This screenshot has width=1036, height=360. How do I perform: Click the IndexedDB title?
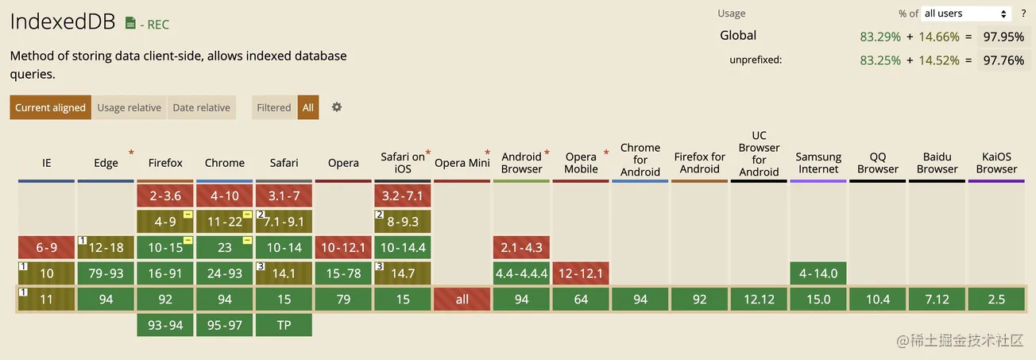(x=63, y=21)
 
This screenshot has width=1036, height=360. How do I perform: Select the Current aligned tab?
(x=50, y=107)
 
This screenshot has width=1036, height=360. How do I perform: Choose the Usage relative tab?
(x=129, y=107)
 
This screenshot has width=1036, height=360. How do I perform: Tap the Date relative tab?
(x=201, y=107)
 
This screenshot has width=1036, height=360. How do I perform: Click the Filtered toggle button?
(x=274, y=107)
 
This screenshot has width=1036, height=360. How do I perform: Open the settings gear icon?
(x=337, y=107)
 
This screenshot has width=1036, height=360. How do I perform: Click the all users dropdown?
(x=966, y=14)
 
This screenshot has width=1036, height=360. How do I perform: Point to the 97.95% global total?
(x=1003, y=37)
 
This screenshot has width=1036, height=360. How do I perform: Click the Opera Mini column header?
(x=462, y=163)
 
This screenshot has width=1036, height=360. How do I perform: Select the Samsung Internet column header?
(x=818, y=163)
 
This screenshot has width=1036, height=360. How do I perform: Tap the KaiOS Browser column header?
(x=997, y=163)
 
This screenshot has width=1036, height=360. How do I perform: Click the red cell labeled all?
(x=462, y=300)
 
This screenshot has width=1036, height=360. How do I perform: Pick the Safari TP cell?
(x=284, y=325)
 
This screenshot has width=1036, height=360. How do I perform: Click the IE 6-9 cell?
(x=46, y=248)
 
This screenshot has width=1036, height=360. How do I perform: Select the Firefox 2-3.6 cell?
(x=165, y=195)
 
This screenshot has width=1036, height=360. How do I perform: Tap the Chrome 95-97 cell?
(x=224, y=325)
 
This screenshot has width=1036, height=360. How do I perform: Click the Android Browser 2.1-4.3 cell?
(x=521, y=248)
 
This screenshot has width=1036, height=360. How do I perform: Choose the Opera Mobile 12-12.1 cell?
(x=581, y=273)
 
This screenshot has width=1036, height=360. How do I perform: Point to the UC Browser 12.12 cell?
(x=759, y=300)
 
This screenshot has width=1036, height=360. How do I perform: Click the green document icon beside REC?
(x=130, y=23)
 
